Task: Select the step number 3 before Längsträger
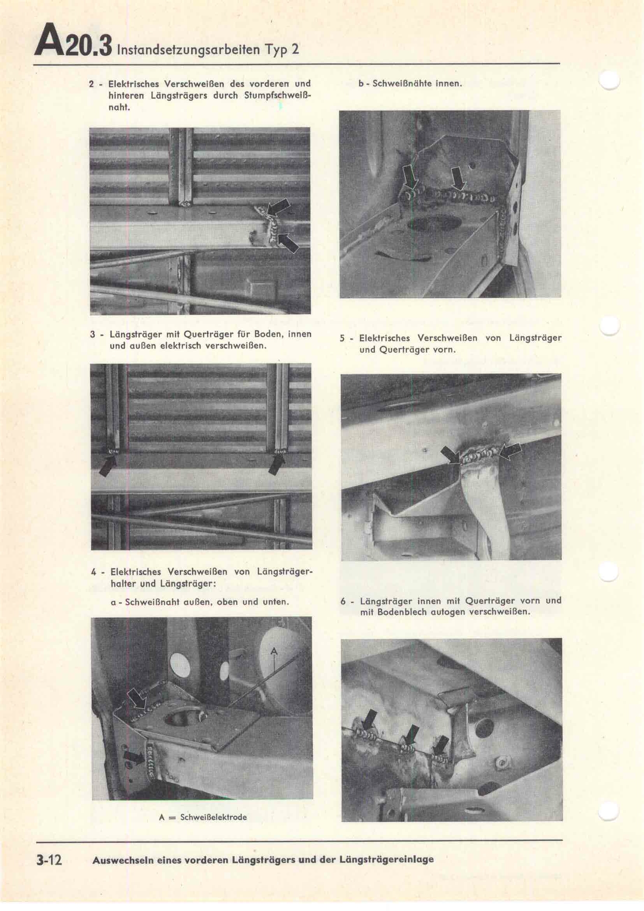pyautogui.click(x=92, y=334)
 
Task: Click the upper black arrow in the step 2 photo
pyautogui.click(x=279, y=209)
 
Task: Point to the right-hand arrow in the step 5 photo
pyautogui.click(x=510, y=451)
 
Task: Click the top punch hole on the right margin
pyautogui.click(x=610, y=81)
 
